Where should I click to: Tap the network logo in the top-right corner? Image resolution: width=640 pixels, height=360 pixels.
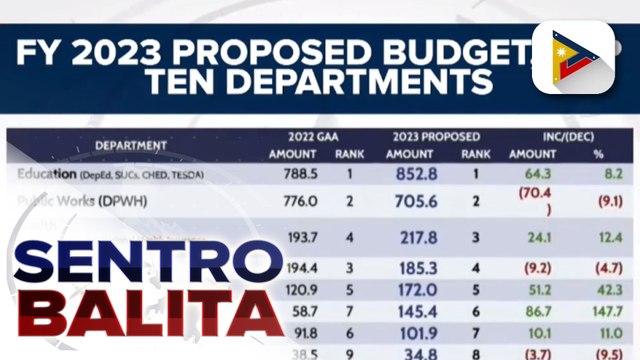586,57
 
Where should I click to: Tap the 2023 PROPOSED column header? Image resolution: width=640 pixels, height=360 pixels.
433,136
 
